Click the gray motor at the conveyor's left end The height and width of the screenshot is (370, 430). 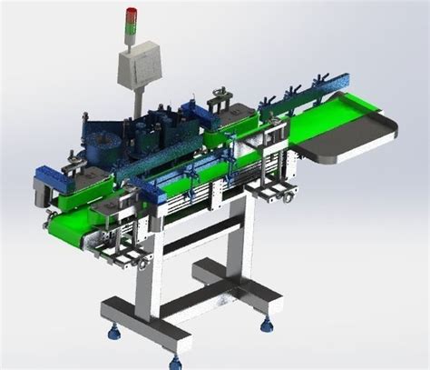pos(40,189)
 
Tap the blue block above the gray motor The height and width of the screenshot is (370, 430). pos(45,171)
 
